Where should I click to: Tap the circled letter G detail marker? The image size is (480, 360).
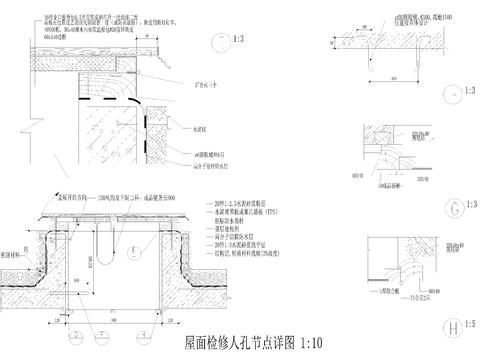[x=455, y=208]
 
